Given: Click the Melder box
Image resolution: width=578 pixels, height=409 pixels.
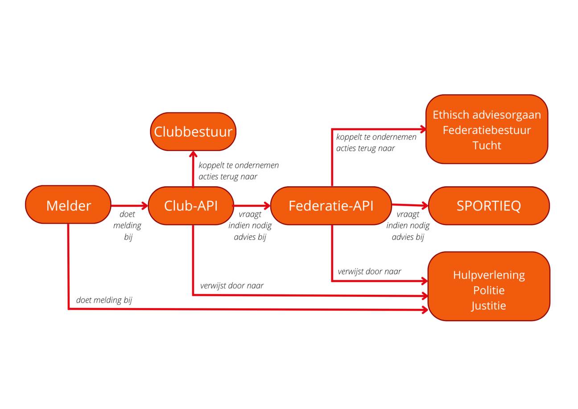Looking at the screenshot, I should [x=68, y=205].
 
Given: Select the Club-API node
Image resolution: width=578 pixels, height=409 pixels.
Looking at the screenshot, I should [x=191, y=205].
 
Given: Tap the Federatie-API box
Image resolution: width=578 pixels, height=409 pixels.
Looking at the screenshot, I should [x=331, y=205].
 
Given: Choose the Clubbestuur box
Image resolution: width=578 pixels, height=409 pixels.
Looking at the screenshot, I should [x=193, y=132].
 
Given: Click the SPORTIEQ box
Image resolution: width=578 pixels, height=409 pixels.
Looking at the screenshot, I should [x=488, y=206].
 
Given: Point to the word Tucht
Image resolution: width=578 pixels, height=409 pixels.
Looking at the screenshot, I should [x=487, y=145].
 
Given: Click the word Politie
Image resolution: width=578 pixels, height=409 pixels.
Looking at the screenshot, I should [x=489, y=290].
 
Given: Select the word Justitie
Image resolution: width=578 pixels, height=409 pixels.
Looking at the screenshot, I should [x=489, y=305].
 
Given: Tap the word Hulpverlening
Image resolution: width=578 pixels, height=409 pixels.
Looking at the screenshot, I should [x=489, y=275].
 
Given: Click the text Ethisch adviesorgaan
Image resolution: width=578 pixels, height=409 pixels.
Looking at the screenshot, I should [x=487, y=115].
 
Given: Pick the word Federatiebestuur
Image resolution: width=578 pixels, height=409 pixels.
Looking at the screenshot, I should [x=487, y=130].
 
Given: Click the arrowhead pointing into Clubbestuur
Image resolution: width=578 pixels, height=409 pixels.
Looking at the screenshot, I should [x=193, y=154].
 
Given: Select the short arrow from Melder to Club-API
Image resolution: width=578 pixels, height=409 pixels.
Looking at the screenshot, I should [x=129, y=205].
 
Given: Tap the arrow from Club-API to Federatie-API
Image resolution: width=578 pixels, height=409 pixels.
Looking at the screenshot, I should [x=252, y=205].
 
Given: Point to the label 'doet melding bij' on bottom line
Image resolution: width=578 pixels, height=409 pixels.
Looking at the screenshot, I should [x=104, y=300].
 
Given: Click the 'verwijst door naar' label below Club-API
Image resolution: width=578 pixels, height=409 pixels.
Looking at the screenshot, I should [x=232, y=285].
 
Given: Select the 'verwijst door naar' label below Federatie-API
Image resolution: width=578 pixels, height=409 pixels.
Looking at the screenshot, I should [x=369, y=271].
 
